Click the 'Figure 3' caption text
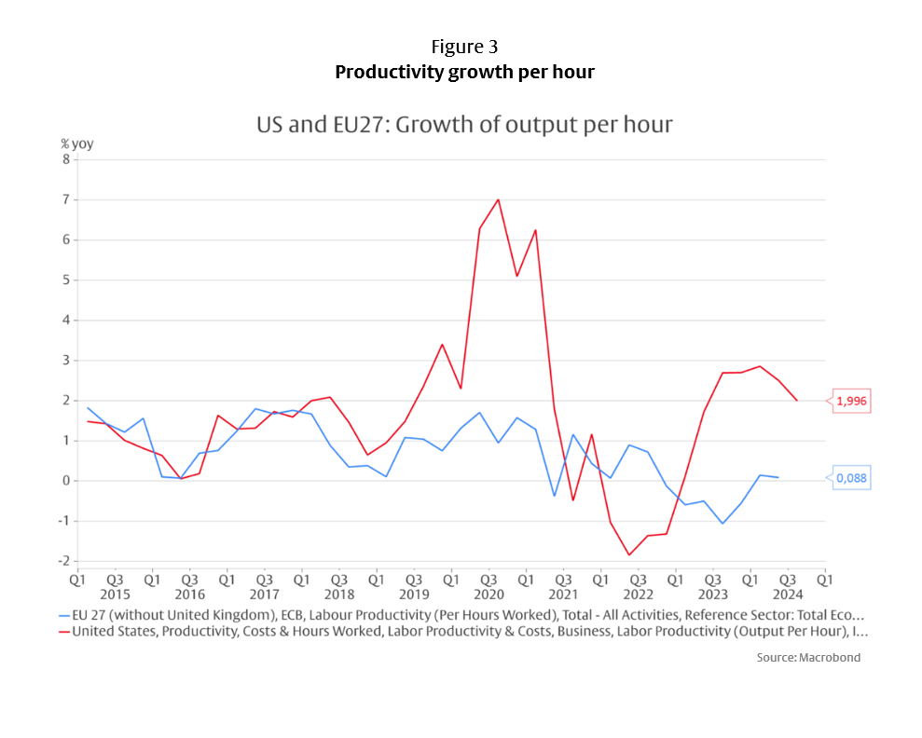click(464, 47)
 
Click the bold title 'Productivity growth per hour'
click(464, 72)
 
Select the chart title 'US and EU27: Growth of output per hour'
click(464, 124)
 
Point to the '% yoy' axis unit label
click(77, 143)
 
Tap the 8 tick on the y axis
click(66, 159)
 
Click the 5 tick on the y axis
click(66, 280)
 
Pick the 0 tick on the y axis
click(66, 481)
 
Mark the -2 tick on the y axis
click(64, 561)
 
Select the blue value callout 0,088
click(849, 478)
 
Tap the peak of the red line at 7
click(498, 199)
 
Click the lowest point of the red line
click(629, 555)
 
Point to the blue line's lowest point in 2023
click(722, 524)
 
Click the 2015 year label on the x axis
click(114, 594)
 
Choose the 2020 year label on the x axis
click(489, 594)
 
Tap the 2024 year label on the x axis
click(788, 594)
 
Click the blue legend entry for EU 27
click(461, 615)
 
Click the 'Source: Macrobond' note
click(808, 657)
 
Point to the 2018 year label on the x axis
click(338, 594)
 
